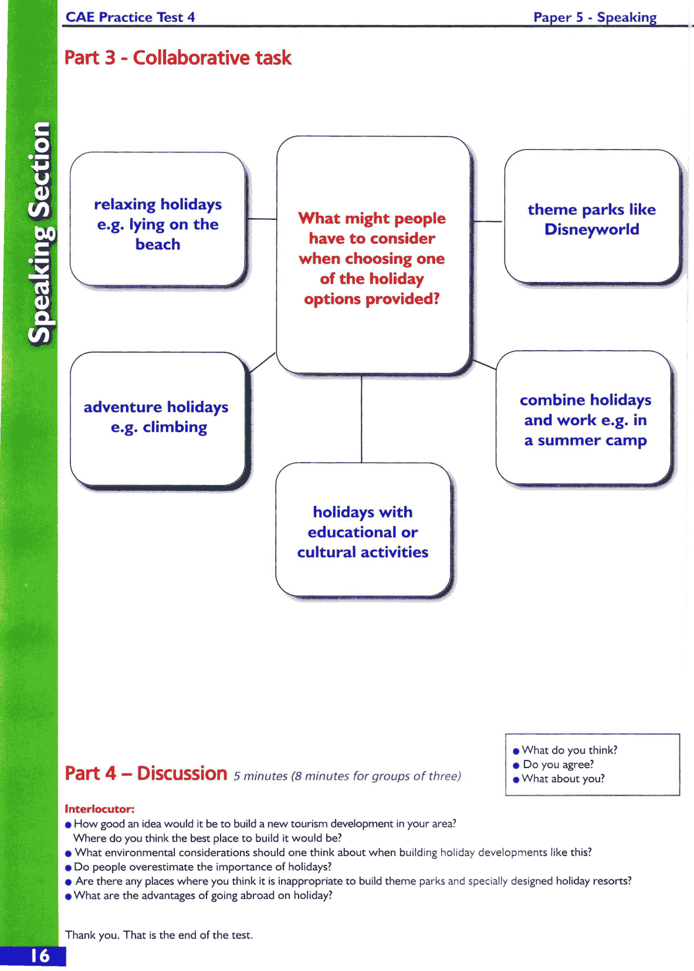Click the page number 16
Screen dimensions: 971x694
[x=40, y=956]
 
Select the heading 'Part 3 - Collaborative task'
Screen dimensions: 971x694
[x=178, y=57]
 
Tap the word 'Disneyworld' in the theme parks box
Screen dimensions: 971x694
[x=591, y=229]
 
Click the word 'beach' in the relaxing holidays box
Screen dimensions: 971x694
[x=157, y=244]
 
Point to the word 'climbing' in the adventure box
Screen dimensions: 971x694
[x=175, y=427]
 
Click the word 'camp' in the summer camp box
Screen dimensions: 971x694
[x=626, y=440]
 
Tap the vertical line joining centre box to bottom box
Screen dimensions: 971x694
[x=361, y=419]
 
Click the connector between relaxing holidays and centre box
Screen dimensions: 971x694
[x=262, y=219]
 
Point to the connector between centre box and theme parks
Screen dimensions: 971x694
[x=488, y=222]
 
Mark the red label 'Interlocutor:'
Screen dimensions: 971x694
[x=99, y=809]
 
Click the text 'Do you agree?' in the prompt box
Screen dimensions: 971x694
[x=558, y=765]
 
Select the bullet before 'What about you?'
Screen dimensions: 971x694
[x=516, y=779]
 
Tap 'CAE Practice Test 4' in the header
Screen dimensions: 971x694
[x=130, y=17]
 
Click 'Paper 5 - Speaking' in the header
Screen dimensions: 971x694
[x=594, y=17]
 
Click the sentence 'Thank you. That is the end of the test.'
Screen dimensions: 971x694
[x=159, y=935]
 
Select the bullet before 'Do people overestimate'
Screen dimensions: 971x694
[x=69, y=868]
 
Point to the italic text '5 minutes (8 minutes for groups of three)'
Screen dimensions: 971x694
[x=347, y=776]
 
